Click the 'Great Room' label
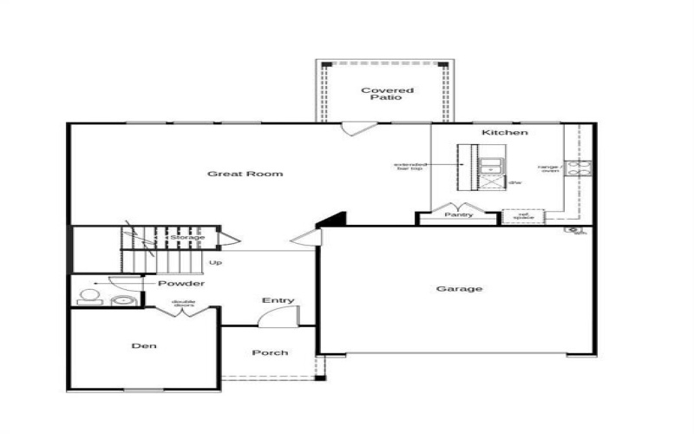(x=245, y=174)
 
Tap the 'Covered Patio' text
(x=387, y=94)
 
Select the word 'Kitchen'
(x=505, y=132)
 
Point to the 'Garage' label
(x=459, y=289)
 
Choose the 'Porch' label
(x=270, y=352)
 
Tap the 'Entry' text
(x=278, y=300)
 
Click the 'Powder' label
(x=180, y=284)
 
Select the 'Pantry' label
(x=458, y=214)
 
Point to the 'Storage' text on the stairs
(x=187, y=237)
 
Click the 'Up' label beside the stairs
(x=214, y=261)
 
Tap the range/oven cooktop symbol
(x=579, y=168)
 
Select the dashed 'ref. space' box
(x=523, y=216)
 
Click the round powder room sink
(x=122, y=300)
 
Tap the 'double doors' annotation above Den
(x=184, y=304)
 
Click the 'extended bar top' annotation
(x=409, y=167)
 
